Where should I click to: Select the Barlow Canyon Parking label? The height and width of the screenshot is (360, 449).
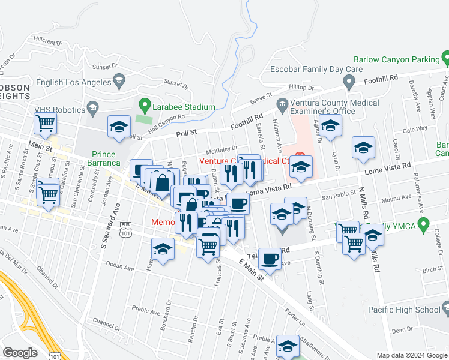point(397,59)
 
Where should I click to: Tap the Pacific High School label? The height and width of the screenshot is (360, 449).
point(405,310)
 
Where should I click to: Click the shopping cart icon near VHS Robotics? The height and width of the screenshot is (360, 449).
point(46,124)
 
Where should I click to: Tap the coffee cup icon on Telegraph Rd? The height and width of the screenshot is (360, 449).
point(270,259)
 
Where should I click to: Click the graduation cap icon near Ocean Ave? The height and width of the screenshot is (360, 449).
point(163,250)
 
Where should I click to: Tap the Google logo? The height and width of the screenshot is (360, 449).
point(20,353)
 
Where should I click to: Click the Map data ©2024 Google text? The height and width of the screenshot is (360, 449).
point(411,355)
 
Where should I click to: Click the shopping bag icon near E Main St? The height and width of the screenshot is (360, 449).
point(162,184)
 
